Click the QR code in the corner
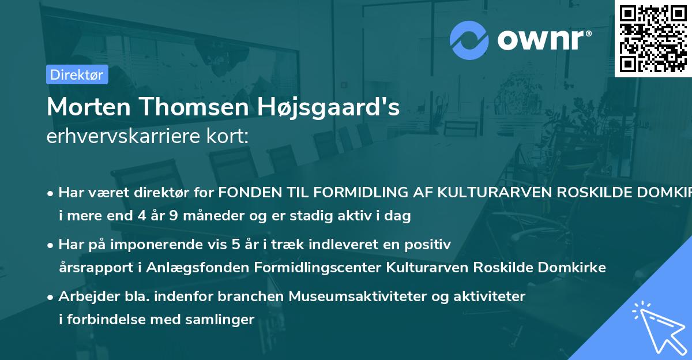(x=653, y=38)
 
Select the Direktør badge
(x=77, y=74)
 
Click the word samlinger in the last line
(x=223, y=319)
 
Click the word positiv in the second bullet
(x=431, y=244)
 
